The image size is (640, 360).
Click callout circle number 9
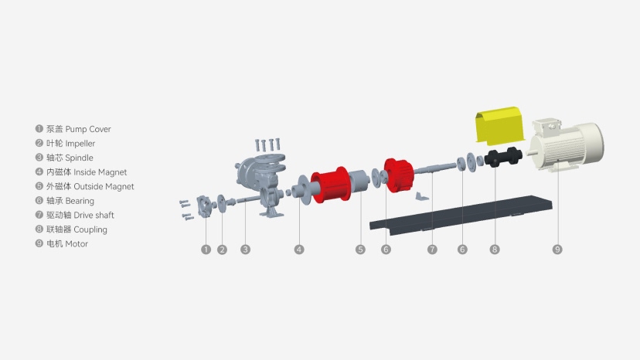[x=557, y=250]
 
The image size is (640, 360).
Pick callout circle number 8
[x=495, y=250]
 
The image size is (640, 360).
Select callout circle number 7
[x=432, y=250]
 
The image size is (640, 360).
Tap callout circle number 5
[x=360, y=250]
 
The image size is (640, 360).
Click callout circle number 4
[x=299, y=250]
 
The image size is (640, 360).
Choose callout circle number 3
[x=245, y=250]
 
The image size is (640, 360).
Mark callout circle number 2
[x=222, y=250]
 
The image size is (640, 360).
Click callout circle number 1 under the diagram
[x=206, y=250]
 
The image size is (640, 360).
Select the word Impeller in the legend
[x=80, y=144]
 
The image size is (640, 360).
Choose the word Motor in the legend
[x=77, y=244]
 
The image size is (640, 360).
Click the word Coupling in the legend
[x=90, y=229]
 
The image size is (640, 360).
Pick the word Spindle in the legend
[x=80, y=158]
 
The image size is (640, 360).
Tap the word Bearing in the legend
[x=80, y=201]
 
